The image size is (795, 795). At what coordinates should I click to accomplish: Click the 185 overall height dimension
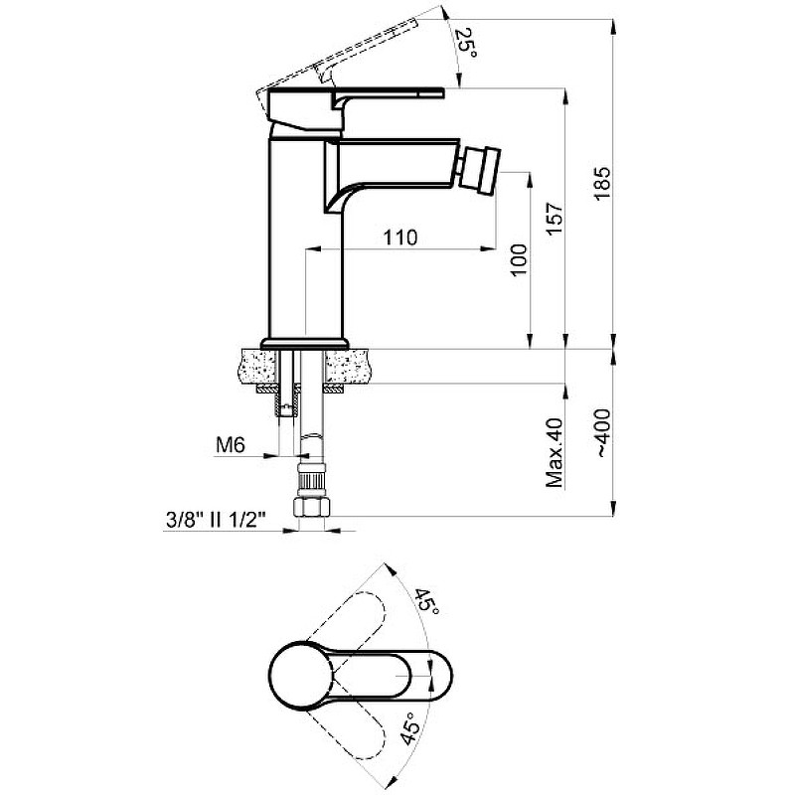pyautogui.click(x=602, y=183)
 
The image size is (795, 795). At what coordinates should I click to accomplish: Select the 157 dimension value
pyautogui.click(x=555, y=219)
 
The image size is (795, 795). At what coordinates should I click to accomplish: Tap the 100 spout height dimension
pyautogui.click(x=518, y=260)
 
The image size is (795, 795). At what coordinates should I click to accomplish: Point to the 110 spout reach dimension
pyautogui.click(x=400, y=238)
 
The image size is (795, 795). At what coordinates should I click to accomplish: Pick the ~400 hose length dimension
pyautogui.click(x=603, y=433)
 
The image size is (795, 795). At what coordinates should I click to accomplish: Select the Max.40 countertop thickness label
pyautogui.click(x=555, y=453)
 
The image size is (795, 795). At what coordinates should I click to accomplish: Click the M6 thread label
pyautogui.click(x=231, y=445)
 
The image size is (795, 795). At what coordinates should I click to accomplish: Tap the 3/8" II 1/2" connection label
pyautogui.click(x=217, y=520)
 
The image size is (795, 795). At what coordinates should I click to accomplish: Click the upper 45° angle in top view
pyautogui.click(x=427, y=602)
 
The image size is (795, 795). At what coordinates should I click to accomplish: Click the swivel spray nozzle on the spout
pyautogui.click(x=481, y=171)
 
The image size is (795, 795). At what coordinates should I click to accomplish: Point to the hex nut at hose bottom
pyautogui.click(x=312, y=507)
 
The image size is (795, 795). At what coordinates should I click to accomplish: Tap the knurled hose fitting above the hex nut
pyautogui.click(x=311, y=484)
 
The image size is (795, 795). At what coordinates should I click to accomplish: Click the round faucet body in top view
pyautogui.click(x=301, y=675)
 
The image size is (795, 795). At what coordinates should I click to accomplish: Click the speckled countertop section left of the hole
pyautogui.click(x=256, y=366)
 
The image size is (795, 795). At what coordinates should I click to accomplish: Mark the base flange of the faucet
pyautogui.click(x=305, y=343)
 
